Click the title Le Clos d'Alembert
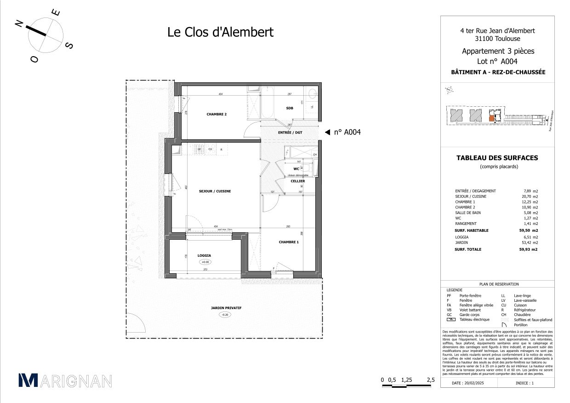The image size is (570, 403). pos(220,32)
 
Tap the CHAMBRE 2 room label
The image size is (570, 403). pos(204,115)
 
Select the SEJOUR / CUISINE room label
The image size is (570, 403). pos(215,191)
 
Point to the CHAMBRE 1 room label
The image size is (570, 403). pos(289,242)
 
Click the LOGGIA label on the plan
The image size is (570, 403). pos(204,255)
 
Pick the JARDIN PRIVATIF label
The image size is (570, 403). pos(226,308)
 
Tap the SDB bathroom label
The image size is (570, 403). pos(290,108)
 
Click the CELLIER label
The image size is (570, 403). pos(297,181)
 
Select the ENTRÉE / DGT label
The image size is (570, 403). pos(290,132)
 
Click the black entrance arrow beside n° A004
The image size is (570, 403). pos(327,132)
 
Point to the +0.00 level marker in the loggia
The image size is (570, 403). pos(205,262)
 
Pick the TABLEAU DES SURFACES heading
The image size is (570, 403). pos(496,158)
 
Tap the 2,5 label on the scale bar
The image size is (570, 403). pos(431,380)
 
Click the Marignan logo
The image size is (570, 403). pos(65,380)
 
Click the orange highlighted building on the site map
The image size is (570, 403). pos(491,118)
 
